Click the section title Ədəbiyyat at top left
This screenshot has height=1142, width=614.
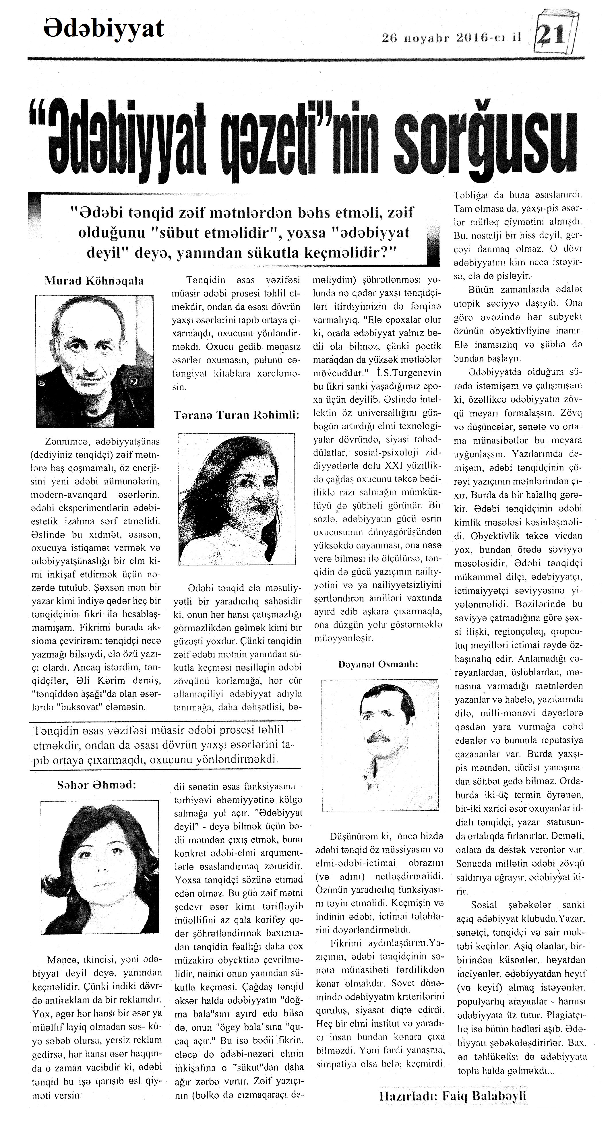click(x=104, y=29)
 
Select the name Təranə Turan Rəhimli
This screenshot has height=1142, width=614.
click(x=236, y=415)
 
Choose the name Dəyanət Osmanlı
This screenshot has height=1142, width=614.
click(x=378, y=664)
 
